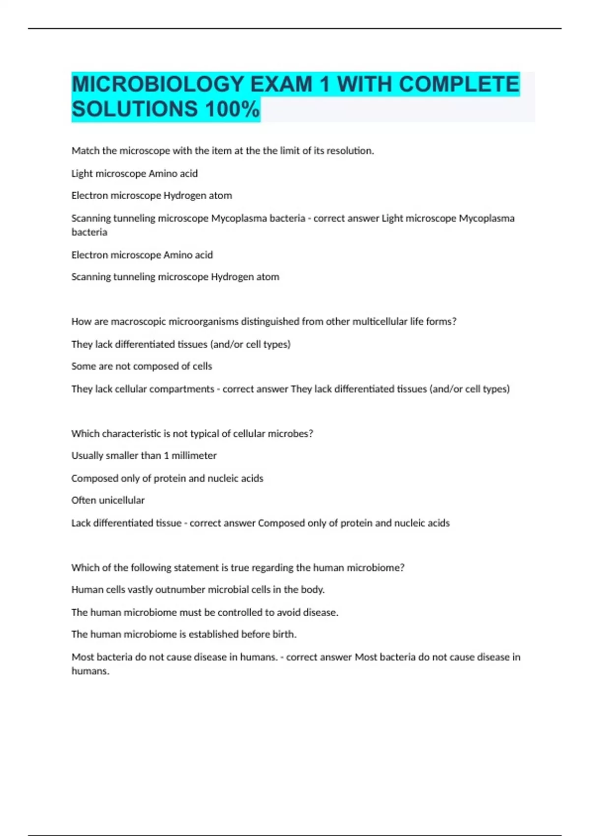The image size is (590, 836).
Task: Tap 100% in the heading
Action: (x=233, y=109)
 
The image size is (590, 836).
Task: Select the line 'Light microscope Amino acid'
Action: (x=134, y=174)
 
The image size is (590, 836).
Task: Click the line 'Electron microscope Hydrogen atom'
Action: (x=151, y=196)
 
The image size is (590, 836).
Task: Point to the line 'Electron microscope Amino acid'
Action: (x=142, y=255)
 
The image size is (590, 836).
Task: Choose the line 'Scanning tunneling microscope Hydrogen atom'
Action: (x=175, y=277)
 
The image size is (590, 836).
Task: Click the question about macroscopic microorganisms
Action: (x=264, y=322)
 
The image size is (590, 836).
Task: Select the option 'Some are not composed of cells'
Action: (x=142, y=366)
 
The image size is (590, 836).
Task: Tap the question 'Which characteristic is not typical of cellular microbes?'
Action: (x=192, y=434)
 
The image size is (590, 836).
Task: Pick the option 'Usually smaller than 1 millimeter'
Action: (x=144, y=456)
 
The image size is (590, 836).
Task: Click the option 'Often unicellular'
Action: (x=108, y=500)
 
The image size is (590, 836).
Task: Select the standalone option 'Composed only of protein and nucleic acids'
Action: (x=167, y=478)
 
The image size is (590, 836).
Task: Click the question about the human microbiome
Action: (x=237, y=567)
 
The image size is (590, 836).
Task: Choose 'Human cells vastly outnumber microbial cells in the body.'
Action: (x=198, y=590)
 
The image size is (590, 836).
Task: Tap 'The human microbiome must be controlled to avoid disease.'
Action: (x=205, y=612)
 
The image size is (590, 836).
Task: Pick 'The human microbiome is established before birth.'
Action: (x=183, y=634)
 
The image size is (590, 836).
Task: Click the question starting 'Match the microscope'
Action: (x=222, y=151)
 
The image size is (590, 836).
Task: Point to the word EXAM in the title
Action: (x=281, y=84)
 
